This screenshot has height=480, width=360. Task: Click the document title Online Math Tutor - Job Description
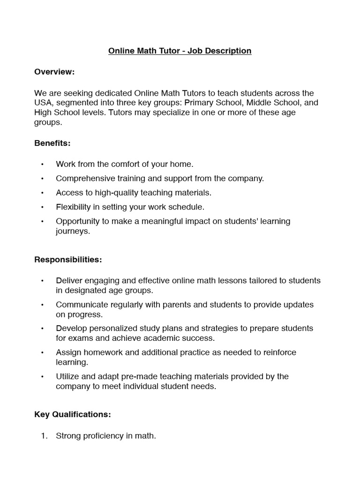coord(180,51)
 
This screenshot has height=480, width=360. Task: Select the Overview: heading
coord(54,72)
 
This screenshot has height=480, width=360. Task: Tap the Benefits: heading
coord(52,143)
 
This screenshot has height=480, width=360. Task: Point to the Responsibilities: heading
coord(68,259)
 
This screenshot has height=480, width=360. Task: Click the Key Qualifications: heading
coord(73,414)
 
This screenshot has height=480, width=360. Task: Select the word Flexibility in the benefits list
coord(75,207)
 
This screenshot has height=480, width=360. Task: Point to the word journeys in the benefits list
coord(72,231)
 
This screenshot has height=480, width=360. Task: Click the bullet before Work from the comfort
coord(42,165)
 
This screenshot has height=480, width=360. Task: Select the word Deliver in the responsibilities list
coord(68,280)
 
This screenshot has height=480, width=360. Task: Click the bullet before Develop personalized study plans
coord(42,329)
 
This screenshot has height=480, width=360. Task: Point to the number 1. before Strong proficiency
coord(44,436)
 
